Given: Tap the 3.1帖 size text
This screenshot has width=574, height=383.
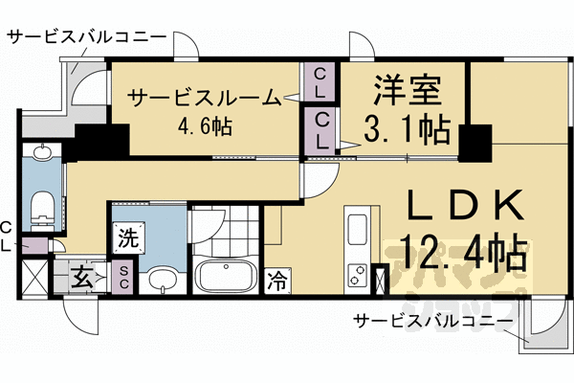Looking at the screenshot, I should click(405, 126).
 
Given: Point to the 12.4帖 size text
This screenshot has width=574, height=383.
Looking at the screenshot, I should click(466, 255).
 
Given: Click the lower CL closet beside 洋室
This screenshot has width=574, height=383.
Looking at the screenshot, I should click(320, 128).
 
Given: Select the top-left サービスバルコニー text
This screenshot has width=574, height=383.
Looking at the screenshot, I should click(86, 38).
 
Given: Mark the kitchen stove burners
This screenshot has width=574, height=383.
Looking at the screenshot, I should click(357, 272).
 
